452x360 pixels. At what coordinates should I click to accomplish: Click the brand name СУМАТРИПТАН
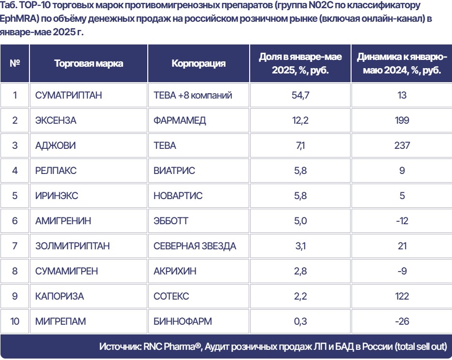pyautogui.click(x=69, y=95)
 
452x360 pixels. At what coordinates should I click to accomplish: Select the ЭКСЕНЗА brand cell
pyautogui.click(x=56, y=120)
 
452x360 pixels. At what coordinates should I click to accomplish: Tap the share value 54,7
pyautogui.click(x=300, y=95)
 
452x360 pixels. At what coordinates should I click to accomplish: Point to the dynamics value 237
pyautogui.click(x=402, y=145)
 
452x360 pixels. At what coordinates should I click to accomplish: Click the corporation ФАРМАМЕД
pyautogui.click(x=180, y=120)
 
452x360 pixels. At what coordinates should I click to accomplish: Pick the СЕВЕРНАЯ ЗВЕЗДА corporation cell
pyautogui.click(x=195, y=246)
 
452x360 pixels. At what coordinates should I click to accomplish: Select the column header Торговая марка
pyautogui.click(x=89, y=64)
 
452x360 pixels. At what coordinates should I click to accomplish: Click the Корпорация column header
pyautogui.click(x=198, y=64)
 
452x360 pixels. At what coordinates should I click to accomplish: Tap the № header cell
pyautogui.click(x=15, y=64)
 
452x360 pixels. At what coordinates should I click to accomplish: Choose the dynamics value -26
pyautogui.click(x=402, y=321)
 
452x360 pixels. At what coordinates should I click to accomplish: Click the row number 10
pyautogui.click(x=15, y=321)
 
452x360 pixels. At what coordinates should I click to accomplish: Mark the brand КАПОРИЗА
pyautogui.click(x=59, y=296)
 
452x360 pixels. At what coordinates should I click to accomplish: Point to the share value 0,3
pyautogui.click(x=300, y=321)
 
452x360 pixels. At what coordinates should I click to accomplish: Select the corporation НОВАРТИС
pyautogui.click(x=178, y=196)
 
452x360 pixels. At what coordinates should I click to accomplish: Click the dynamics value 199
pyautogui.click(x=402, y=120)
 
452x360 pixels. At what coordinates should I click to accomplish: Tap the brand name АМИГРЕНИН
pyautogui.click(x=63, y=221)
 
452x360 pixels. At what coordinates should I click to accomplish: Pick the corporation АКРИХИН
pyautogui.click(x=175, y=271)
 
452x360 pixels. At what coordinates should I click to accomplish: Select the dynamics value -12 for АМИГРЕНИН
pyautogui.click(x=402, y=221)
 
